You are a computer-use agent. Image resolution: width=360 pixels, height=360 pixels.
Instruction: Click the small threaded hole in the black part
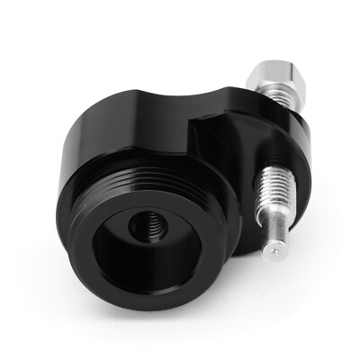[144, 229]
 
